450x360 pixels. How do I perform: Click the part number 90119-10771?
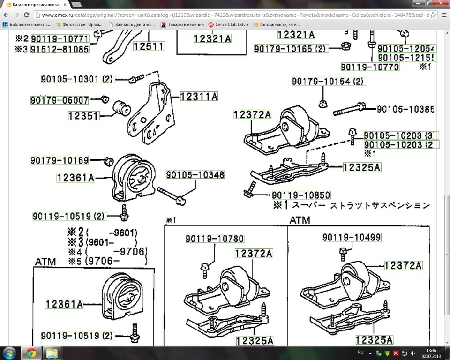coord(60,38)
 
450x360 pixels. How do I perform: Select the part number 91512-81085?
coord(60,49)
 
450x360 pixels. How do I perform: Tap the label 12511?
coord(149,46)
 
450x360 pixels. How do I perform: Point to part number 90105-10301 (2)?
coord(72,79)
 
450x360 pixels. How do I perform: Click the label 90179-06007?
coord(60,100)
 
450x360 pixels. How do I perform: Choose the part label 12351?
coord(83,115)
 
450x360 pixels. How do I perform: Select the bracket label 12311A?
coord(199,97)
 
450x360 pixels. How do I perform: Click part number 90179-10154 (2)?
coord(329,82)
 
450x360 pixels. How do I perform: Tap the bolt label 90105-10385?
coord(406,110)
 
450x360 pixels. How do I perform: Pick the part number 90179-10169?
coord(60,160)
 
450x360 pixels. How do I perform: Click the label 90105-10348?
coord(195,175)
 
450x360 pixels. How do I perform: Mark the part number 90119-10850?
coord(300,195)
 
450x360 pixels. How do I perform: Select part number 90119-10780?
coord(214,239)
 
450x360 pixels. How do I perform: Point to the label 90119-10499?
coord(352,237)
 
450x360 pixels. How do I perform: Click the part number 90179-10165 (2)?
coord(291,49)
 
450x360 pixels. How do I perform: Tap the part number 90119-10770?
coord(370,67)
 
